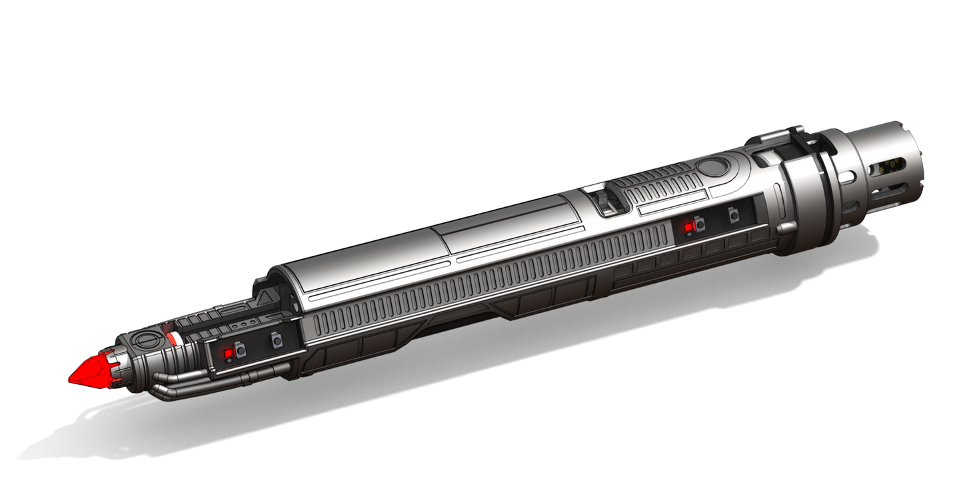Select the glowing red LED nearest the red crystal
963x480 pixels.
pyautogui.click(x=227, y=352)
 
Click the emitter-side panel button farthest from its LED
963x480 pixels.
pyautogui.click(x=734, y=216)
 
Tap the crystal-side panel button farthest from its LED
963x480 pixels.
pyautogui.click(x=277, y=342)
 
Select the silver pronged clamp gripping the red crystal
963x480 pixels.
pyautogui.click(x=117, y=363)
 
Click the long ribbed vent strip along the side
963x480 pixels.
pyautogui.click(x=486, y=280)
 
